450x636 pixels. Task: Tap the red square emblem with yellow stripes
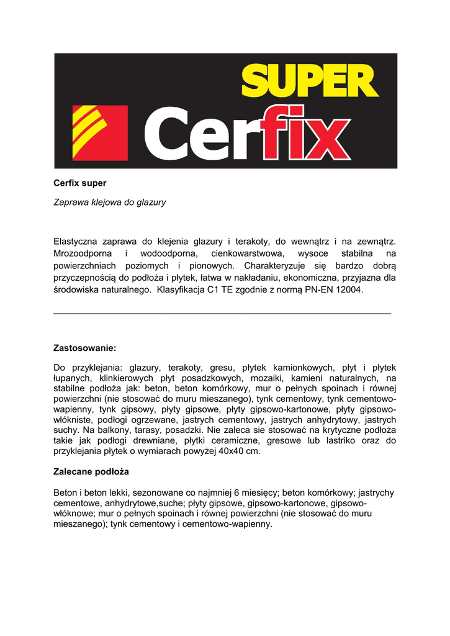coord(100,132)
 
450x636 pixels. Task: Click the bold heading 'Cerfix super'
coord(80,183)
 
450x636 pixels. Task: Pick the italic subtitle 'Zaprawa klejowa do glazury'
coord(110,202)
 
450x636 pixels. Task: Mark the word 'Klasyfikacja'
coord(181,289)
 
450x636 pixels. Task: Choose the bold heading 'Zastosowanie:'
coord(85,348)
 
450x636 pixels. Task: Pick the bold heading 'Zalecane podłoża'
coord(91,472)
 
